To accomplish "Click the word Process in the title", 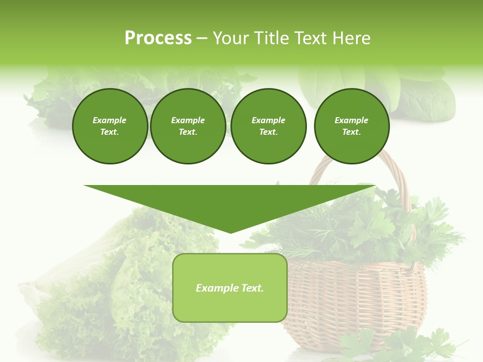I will (x=158, y=38).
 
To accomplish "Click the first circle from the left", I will (x=110, y=126).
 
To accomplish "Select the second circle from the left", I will (x=188, y=126).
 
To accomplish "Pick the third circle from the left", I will (x=268, y=126).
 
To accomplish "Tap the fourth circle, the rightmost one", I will (x=351, y=126).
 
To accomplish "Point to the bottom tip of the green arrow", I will (x=230, y=232).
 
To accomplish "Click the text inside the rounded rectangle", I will (x=229, y=288).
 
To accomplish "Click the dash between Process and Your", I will (x=202, y=38).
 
